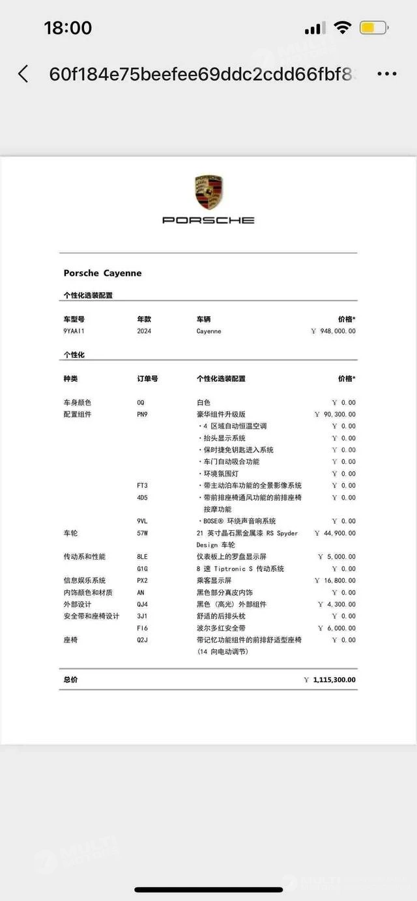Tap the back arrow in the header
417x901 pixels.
(23, 74)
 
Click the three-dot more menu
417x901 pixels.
(387, 74)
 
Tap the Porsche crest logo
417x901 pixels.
(208, 192)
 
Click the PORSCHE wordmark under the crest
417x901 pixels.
(208, 220)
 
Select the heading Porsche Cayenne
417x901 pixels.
(102, 273)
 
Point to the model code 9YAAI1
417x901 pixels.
(74, 331)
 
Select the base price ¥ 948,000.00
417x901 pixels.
(334, 331)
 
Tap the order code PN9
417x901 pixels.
(142, 414)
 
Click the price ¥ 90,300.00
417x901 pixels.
(335, 414)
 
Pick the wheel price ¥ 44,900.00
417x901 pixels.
(335, 533)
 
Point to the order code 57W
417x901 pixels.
(143, 533)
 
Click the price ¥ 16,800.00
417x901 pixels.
(335, 581)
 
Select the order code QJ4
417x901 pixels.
(142, 604)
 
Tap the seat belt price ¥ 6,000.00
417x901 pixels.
(337, 628)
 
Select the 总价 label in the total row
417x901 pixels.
(70, 680)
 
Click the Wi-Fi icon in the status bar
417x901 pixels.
(342, 28)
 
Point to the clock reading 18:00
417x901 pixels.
(68, 28)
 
